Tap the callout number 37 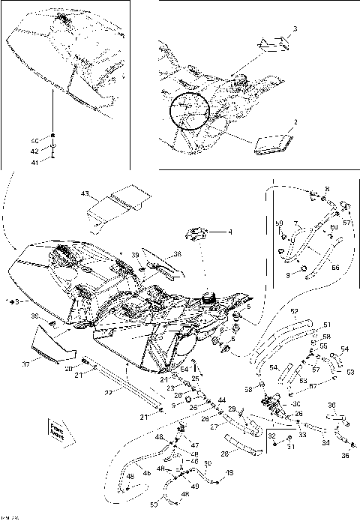pos(25,364)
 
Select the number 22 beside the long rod pos(109,392)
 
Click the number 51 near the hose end pos(325,325)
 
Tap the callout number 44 pos(221,401)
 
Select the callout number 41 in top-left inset pos(34,161)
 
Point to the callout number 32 pos(271,435)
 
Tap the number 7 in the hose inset pos(295,223)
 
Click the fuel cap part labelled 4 pos(196,234)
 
